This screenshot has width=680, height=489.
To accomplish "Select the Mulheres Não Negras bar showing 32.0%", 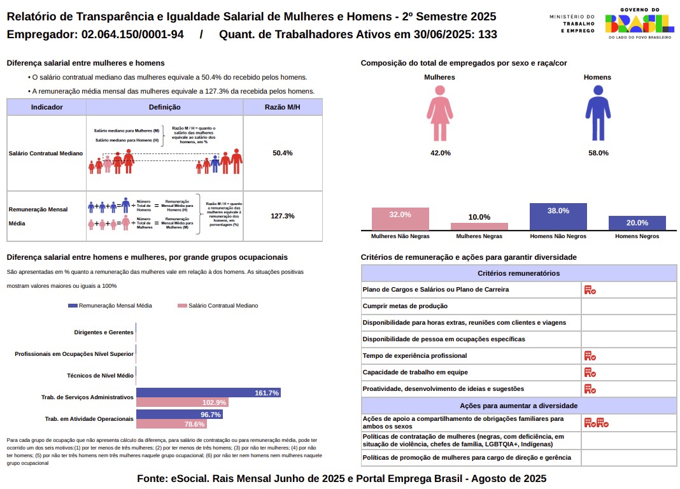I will [400, 219].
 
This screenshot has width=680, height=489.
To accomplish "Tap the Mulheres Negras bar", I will [479, 226].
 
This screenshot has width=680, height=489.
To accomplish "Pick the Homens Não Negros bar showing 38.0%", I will [558, 216].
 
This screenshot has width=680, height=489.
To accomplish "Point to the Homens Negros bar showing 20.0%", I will [637, 223].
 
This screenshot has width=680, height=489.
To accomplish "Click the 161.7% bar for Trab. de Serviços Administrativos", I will [208, 393].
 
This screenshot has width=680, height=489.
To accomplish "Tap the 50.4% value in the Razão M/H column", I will [282, 153].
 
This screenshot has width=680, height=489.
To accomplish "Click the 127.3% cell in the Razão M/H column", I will [282, 216].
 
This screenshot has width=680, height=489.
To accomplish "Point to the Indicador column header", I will [46, 107].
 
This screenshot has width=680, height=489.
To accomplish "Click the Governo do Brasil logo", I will [639, 24].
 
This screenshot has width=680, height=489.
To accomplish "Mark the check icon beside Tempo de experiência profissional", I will [590, 356].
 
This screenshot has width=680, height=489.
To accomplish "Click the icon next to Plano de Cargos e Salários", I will [590, 290].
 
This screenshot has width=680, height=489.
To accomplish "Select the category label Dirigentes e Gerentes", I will [104, 332].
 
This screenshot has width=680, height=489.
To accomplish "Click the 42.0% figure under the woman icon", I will [440, 153].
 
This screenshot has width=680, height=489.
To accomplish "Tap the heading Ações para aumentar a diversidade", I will [518, 406].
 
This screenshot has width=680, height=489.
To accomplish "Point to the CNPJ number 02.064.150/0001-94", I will [132, 34].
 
